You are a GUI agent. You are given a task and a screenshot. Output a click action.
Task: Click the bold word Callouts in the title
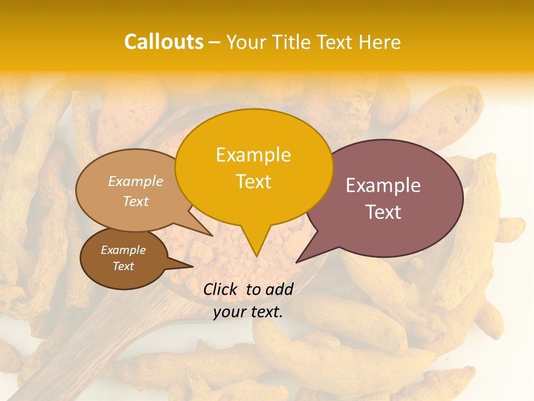[164, 42]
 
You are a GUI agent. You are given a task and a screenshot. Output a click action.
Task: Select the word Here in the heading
[379, 42]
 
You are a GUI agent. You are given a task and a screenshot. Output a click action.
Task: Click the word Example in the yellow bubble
[253, 155]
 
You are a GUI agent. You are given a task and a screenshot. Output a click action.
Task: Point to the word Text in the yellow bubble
[253, 182]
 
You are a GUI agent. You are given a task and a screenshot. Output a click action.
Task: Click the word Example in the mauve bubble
[383, 185]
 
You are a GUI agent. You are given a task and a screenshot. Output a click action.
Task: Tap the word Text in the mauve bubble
[383, 212]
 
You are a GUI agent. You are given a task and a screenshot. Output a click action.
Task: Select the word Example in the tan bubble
[136, 182]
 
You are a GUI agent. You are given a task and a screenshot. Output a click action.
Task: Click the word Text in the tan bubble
[136, 201]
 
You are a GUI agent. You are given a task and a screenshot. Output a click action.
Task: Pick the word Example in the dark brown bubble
[123, 250]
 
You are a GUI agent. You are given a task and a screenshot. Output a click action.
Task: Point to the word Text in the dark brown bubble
[123, 266]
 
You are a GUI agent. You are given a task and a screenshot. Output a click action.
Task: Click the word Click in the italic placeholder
[221, 289]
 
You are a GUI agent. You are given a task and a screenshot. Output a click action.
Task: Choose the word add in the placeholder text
[279, 289]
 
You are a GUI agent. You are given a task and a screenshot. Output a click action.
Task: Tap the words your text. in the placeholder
[248, 312]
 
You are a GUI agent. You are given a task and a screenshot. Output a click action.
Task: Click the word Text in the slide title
[337, 42]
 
